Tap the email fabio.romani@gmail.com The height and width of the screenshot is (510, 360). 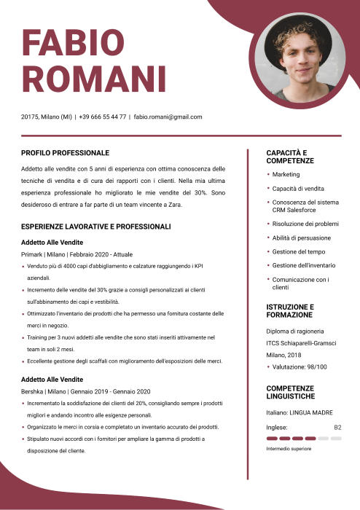pos(168,117)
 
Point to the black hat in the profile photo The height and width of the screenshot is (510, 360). pos(298,36)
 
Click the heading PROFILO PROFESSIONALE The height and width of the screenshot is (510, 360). pos(65,153)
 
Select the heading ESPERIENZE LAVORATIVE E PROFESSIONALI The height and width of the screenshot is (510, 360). pos(95,227)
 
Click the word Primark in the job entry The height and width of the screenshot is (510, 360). pos(33,254)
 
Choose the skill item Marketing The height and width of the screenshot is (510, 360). pos(286,175)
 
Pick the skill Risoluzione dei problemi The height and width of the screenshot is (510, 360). pos(305,224)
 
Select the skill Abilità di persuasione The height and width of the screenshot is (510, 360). pos(301,238)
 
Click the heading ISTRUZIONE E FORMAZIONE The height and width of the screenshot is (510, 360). pos(291,311)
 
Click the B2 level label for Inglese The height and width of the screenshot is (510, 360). pos(337,427)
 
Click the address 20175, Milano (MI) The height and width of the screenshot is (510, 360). pos(47,117)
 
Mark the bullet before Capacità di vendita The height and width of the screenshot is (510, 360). pos(268,189)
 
